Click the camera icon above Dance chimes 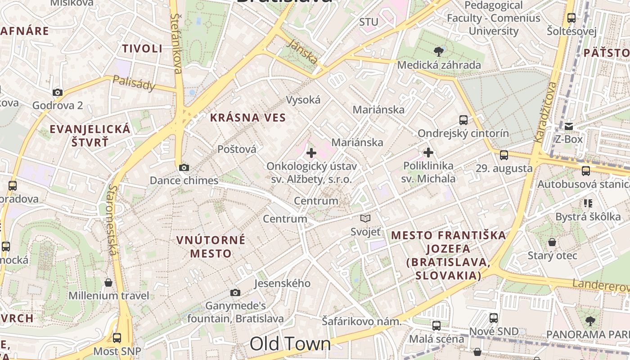click(x=184, y=168)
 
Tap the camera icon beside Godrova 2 click(x=57, y=93)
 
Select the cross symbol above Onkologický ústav click(x=311, y=153)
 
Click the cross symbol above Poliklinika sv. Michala click(x=428, y=153)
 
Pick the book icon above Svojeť click(x=365, y=219)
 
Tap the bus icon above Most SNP click(x=117, y=337)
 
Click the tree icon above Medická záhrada click(x=439, y=51)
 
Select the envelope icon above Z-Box click(x=569, y=126)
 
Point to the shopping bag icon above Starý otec click(x=552, y=242)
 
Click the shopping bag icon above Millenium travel click(x=108, y=283)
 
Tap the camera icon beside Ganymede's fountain click(x=235, y=293)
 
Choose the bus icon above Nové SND click(x=494, y=318)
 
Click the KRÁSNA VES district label click(x=247, y=118)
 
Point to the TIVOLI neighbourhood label click(x=142, y=49)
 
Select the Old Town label click(x=290, y=344)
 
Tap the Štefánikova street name click(x=176, y=43)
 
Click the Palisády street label click(x=134, y=82)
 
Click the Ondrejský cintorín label click(x=463, y=134)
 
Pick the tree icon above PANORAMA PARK click(x=589, y=321)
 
